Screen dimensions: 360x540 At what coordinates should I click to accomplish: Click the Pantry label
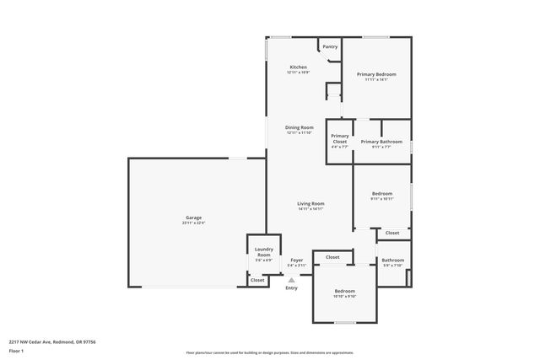tap(330, 46)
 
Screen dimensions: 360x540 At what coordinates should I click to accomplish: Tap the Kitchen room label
tap(298, 67)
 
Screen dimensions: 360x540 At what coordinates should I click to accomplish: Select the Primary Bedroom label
tap(375, 74)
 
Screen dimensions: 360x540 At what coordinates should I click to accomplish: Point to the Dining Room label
tap(299, 127)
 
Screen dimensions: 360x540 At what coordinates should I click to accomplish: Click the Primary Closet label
tap(340, 139)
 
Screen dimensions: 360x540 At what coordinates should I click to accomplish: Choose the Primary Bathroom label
tap(381, 142)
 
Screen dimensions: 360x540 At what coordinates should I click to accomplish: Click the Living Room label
tap(310, 203)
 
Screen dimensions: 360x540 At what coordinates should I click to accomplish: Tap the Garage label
tap(194, 218)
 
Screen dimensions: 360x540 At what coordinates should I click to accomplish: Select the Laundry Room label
tap(263, 252)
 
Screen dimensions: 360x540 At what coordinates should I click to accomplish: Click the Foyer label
tap(297, 260)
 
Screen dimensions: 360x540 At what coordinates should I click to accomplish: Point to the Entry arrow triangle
tap(292, 279)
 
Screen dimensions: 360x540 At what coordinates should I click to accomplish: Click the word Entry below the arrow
tap(292, 288)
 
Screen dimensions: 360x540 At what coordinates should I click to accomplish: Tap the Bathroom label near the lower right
tap(392, 260)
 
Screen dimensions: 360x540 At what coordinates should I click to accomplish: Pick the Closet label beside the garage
tap(256, 279)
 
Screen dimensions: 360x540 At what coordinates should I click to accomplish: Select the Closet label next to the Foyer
tap(332, 257)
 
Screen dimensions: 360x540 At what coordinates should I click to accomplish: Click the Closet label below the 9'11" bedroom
tap(392, 233)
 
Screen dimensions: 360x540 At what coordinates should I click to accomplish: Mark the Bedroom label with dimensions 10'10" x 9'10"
tap(344, 291)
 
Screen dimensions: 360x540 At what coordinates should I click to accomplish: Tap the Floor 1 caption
tap(16, 350)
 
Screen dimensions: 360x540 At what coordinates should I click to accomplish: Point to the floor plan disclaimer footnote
tap(269, 352)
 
